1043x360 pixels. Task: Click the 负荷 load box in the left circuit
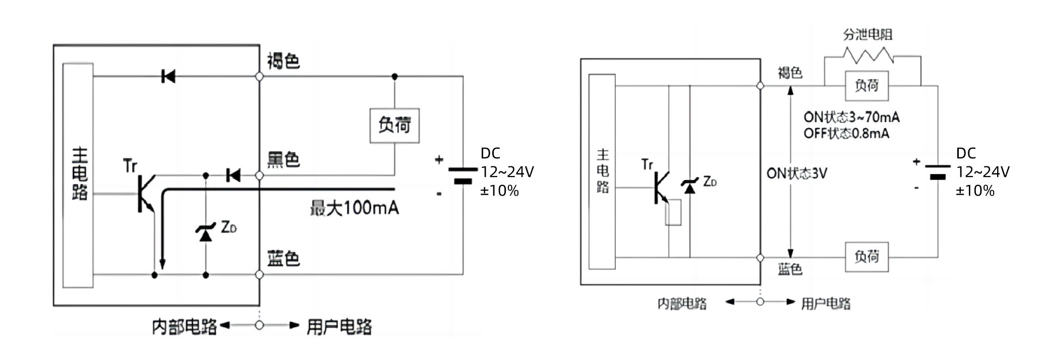394,126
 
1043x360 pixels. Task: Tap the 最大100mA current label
354,208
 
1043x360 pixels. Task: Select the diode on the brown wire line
168,77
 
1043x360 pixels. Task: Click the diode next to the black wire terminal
234,175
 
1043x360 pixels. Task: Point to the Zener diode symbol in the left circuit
205,232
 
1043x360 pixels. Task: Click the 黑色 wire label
283,160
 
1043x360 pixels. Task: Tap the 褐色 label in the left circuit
283,61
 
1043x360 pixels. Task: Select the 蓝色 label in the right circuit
790,269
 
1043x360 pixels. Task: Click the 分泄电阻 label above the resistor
868,34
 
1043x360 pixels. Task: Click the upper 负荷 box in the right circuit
866,86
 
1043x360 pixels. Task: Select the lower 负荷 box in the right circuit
866,257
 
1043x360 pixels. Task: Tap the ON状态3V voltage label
797,173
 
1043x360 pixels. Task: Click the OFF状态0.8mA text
846,134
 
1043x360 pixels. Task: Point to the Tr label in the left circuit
130,165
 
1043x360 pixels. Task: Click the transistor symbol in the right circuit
660,187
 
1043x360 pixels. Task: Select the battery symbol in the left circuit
462,175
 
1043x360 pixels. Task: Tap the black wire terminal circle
259,175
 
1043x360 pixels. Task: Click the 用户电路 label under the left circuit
339,327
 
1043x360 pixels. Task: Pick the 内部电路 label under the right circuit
682,304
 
